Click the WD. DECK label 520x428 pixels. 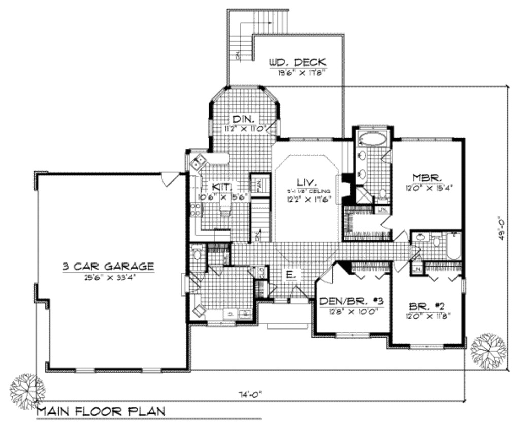297,62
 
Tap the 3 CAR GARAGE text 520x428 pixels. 108,266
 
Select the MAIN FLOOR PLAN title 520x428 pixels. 101,411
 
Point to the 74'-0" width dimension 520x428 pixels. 251,393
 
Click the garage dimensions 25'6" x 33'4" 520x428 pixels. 108,278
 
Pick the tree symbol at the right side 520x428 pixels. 489,350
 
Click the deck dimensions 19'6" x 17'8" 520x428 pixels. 301,73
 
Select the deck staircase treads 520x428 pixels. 271,22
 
